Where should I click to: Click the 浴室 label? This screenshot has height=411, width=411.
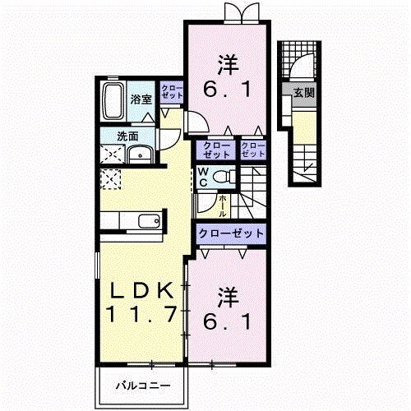(x=141, y=99)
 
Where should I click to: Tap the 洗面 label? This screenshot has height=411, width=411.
(x=127, y=136)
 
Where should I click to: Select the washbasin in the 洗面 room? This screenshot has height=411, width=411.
(x=141, y=153)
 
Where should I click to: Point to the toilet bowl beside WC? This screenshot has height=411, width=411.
(x=226, y=175)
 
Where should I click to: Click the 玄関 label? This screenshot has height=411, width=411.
(x=303, y=93)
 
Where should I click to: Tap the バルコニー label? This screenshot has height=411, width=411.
(x=142, y=385)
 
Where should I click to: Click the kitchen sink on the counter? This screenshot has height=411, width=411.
(x=149, y=220)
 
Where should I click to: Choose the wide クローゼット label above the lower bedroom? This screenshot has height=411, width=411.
(x=231, y=233)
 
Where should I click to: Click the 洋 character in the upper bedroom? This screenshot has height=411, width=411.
(x=229, y=62)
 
